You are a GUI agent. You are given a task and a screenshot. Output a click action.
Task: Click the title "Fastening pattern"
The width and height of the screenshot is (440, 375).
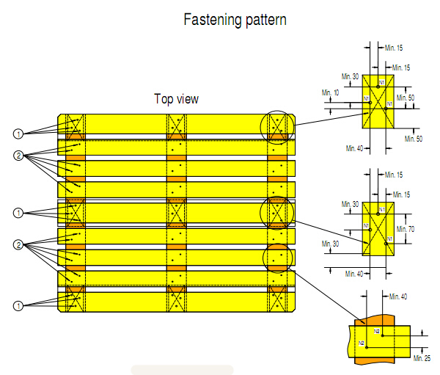pos(235,20)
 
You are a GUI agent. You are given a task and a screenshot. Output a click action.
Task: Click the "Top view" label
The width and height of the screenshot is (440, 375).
pos(176,99)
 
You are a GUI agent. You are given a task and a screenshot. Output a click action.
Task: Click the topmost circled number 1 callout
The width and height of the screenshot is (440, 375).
pos(19,134)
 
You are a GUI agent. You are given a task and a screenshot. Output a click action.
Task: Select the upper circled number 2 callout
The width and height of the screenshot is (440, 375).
pos(19,156)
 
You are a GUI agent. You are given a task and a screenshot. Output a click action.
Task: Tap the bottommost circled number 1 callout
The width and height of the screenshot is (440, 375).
pos(19,304)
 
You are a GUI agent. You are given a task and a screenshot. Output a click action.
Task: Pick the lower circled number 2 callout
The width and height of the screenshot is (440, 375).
pos(19,244)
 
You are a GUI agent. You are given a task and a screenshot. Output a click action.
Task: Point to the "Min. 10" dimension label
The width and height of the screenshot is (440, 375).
pos(331,92)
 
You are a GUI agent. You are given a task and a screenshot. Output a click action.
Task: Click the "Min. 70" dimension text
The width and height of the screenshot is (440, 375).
pos(406,230)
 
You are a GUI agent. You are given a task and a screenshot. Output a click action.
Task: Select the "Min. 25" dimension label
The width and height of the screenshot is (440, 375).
pos(422,357)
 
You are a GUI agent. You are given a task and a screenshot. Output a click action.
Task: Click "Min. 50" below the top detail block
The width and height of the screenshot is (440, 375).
pos(413,138)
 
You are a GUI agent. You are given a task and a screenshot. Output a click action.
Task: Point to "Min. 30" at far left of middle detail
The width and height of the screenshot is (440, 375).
pos(331,244)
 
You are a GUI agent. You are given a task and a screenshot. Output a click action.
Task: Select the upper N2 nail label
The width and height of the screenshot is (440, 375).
pos(377,332)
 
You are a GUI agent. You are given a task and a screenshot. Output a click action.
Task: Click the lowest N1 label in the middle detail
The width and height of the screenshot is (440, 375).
pos(389,239)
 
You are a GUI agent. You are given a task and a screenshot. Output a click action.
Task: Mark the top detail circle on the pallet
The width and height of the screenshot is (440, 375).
pos(279,126)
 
